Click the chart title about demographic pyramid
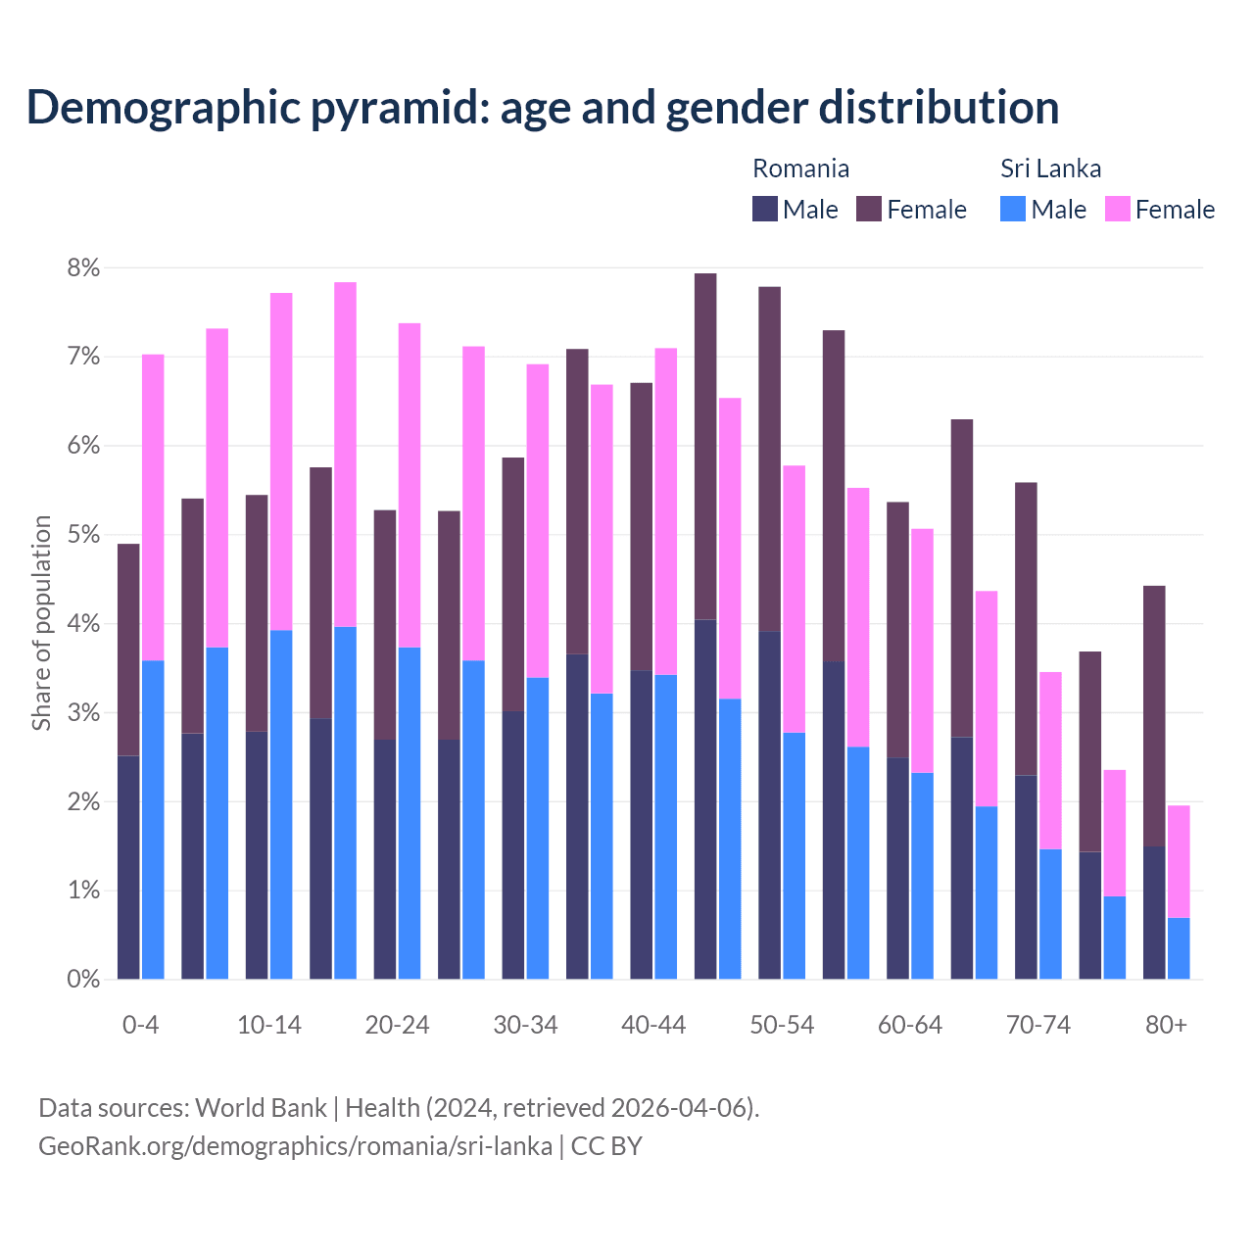[542, 108]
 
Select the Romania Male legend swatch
[765, 209]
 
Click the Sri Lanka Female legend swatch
[1117, 209]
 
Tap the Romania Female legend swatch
[869, 209]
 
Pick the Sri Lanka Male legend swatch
[1013, 209]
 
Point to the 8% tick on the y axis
[83, 268]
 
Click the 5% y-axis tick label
[83, 535]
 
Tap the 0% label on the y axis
[83, 979]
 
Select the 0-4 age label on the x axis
[140, 1025]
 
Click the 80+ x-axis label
[1166, 1025]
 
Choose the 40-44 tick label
[653, 1025]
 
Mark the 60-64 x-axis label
[910, 1025]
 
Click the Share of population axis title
[41, 623]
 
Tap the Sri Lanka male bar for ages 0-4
[153, 819]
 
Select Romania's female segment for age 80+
[1154, 715]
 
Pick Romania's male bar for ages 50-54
[769, 804]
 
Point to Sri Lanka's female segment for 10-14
[281, 461]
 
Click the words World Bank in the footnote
[261, 1108]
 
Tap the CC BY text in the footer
[606, 1146]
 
